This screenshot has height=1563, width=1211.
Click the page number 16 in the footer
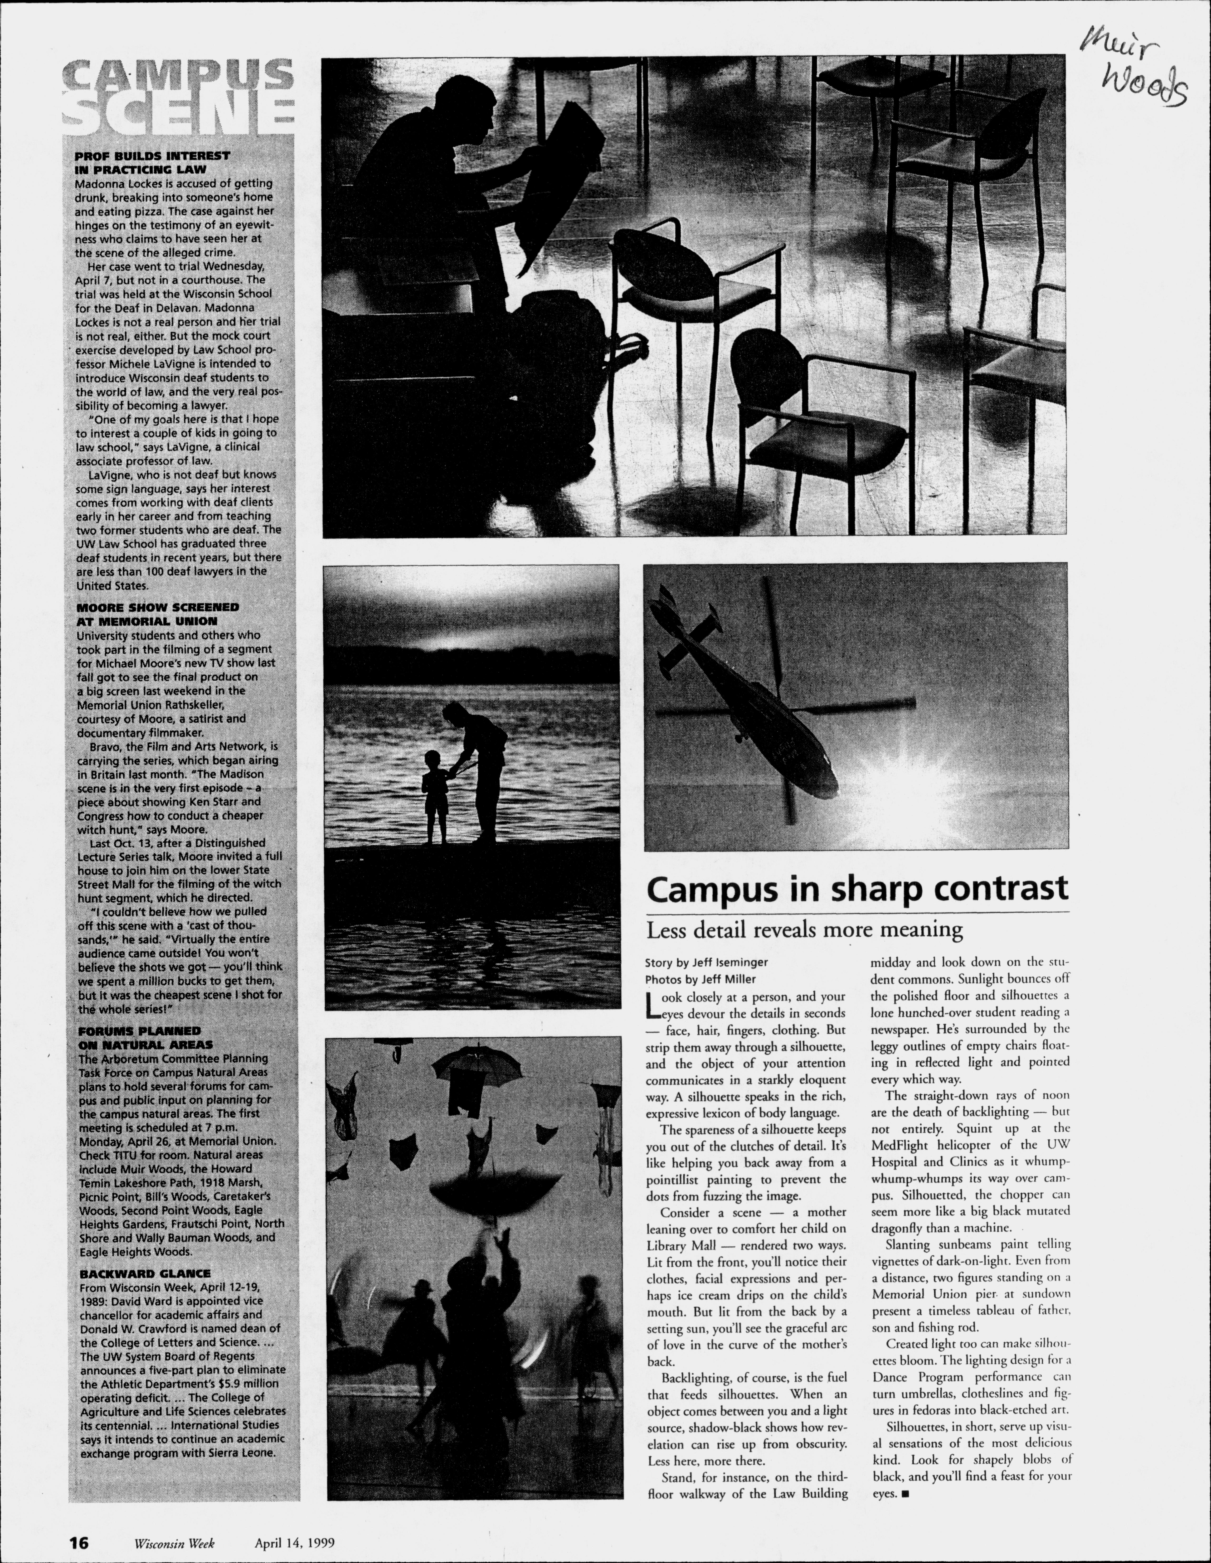79,1543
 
